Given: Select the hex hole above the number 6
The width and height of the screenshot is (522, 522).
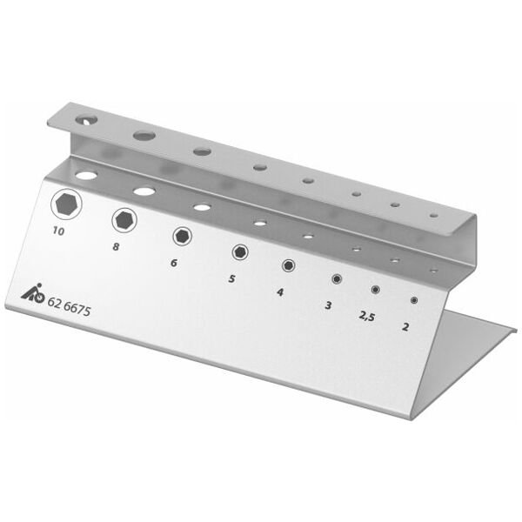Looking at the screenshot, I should click(182, 236).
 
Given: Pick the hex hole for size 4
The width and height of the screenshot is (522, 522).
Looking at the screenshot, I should click(287, 266).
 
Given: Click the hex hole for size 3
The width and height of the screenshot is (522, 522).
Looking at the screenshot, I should click(336, 279).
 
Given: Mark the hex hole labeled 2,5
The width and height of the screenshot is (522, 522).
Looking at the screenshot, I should click(376, 291).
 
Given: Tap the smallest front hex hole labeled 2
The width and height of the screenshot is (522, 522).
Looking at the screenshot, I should click(413, 301).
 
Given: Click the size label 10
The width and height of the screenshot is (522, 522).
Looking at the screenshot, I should click(58, 232).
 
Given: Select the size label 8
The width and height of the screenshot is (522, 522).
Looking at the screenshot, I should click(117, 247).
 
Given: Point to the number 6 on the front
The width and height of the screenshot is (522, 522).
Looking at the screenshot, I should click(174, 263).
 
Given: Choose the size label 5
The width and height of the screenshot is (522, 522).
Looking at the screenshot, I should click(231, 279).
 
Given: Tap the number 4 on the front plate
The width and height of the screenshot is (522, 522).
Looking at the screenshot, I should click(280, 292).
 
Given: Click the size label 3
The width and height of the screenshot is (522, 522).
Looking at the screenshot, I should click(328, 305).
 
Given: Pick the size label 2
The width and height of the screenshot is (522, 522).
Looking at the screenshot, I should click(406, 328).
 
